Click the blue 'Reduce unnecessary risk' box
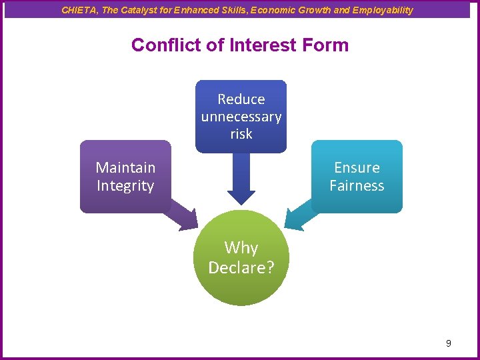coord(241,116)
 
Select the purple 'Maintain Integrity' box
coord(125,177)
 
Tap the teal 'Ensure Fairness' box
coord(357,177)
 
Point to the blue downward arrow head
coord(241,197)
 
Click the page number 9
coord(448,343)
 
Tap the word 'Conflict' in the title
coord(159,45)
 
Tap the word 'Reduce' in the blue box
coord(241,99)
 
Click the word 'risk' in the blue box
coord(241,134)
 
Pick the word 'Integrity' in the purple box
coord(125,186)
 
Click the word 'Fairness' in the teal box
coord(357,186)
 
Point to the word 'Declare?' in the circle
coord(241,267)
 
